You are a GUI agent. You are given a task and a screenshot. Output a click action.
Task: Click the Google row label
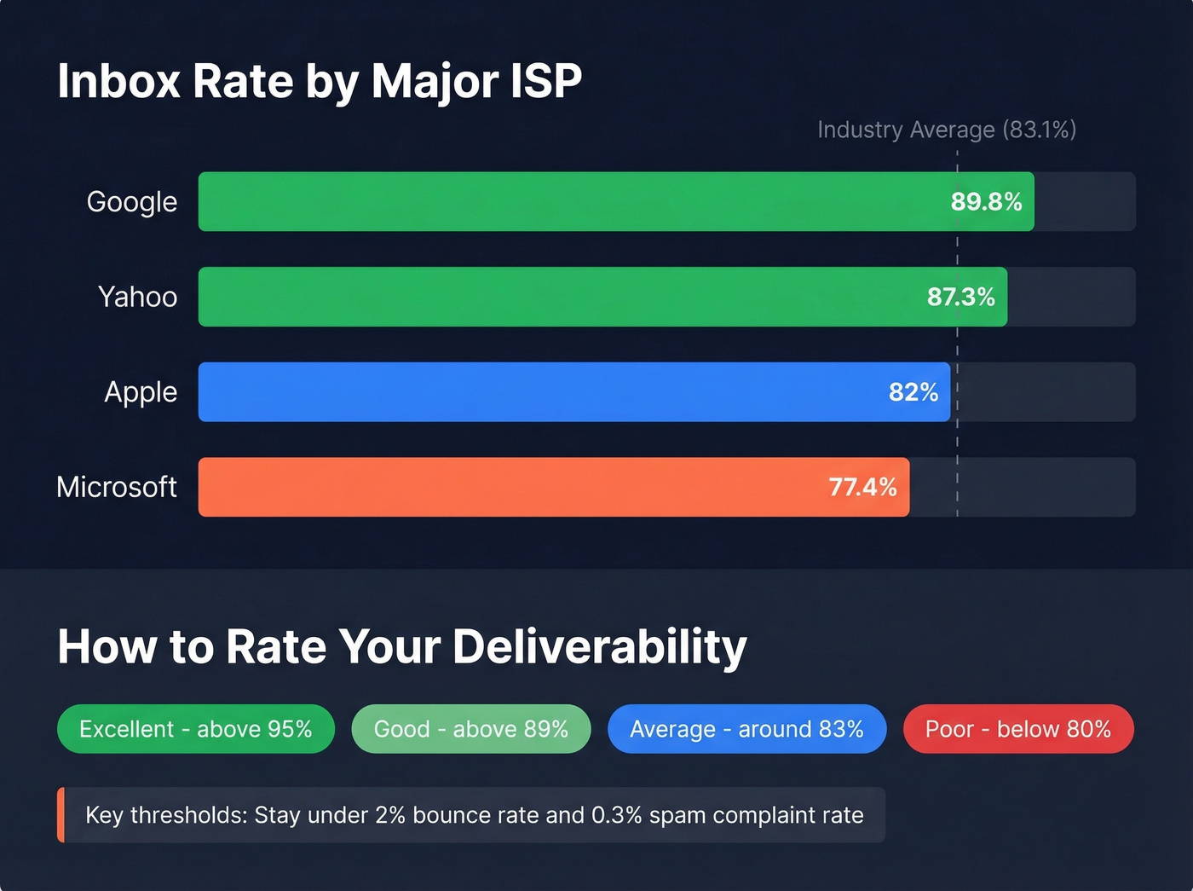(132, 202)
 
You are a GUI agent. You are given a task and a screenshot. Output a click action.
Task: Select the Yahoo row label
(137, 297)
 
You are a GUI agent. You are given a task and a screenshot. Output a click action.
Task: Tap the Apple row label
(141, 392)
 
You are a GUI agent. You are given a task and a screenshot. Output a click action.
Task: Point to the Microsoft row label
(117, 487)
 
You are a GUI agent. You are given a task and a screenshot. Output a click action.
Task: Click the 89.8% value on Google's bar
(986, 202)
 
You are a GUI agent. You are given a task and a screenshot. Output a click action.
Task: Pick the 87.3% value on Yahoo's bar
(960, 297)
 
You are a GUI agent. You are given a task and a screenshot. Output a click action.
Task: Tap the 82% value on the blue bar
(913, 392)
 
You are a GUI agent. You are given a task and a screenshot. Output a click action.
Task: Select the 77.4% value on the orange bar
(862, 487)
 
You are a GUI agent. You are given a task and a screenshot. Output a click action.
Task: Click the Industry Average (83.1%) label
(947, 130)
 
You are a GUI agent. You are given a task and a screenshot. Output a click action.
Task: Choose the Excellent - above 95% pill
(195, 729)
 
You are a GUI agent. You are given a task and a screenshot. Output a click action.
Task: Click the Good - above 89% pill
(470, 729)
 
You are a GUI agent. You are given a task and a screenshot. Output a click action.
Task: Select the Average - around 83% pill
(746, 729)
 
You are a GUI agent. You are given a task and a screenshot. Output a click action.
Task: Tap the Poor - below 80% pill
(1018, 729)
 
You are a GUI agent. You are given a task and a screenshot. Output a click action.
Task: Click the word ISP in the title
(545, 82)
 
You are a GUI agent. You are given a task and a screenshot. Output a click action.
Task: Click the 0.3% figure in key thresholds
(616, 815)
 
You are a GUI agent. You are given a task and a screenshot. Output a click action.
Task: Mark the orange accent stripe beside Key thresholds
(61, 815)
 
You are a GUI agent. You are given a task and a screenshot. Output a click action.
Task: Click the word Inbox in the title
(118, 82)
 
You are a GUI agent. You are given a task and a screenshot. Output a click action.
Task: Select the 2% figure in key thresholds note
(389, 815)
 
